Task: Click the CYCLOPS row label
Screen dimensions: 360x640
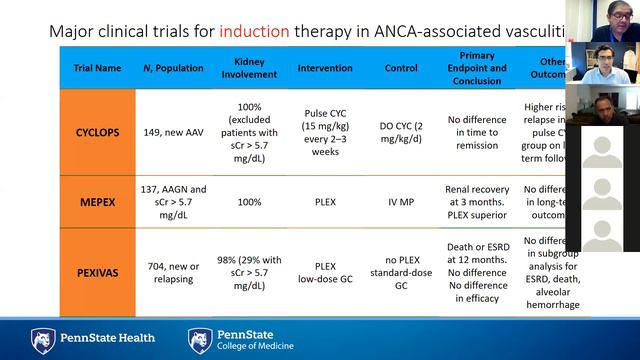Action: [99, 131]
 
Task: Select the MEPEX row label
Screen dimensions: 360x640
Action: [99, 200]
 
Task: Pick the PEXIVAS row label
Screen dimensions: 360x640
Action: [99, 269]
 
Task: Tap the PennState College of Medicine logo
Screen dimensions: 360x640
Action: [241, 340]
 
